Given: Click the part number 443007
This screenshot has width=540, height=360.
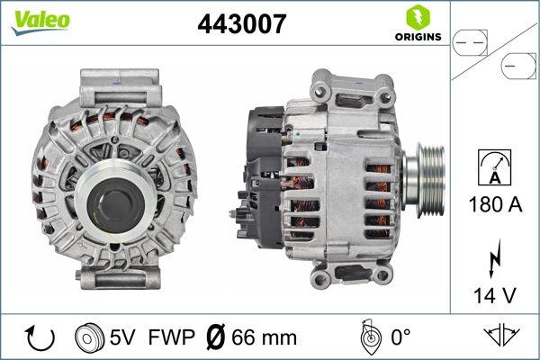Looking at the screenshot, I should [241, 24].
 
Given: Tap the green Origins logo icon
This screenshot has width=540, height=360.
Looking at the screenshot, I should [416, 16].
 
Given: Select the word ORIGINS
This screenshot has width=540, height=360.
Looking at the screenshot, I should [417, 37].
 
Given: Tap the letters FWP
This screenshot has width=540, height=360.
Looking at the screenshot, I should [168, 337].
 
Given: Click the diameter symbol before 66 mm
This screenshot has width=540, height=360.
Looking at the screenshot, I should [215, 337].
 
